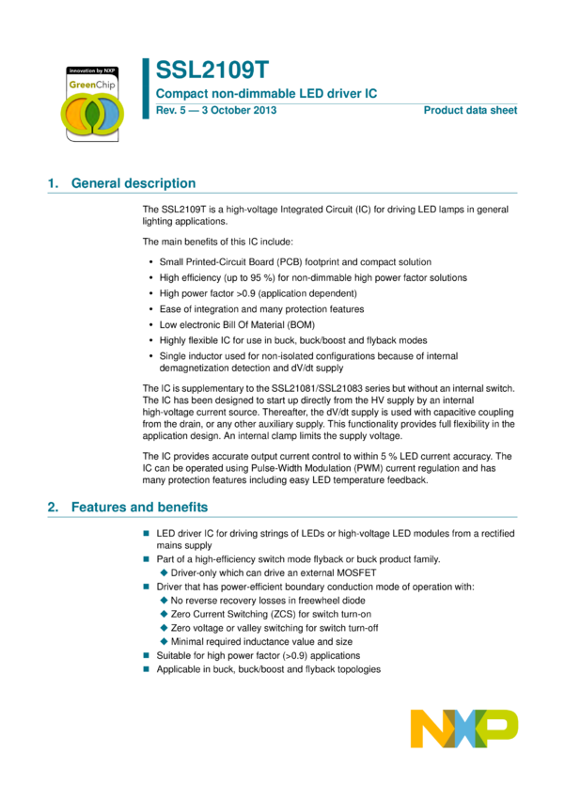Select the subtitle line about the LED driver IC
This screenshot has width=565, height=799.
266,94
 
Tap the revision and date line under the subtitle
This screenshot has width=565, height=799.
215,110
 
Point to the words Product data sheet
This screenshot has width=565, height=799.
470,110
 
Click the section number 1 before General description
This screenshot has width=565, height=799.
52,183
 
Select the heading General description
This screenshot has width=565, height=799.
133,183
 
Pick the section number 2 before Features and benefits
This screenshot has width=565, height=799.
52,507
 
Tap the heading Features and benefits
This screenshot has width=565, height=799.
140,507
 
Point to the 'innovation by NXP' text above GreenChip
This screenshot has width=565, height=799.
91,70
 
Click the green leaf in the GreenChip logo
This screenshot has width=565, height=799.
92,114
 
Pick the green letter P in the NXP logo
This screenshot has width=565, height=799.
501,728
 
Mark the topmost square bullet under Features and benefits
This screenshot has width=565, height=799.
146,533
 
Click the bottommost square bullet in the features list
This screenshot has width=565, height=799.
146,668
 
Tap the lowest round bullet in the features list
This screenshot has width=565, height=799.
164,641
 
